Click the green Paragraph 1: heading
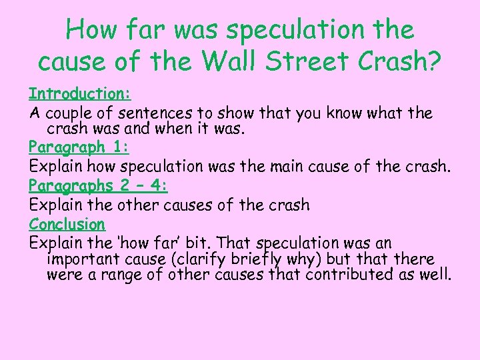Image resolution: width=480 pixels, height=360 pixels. [x=79, y=147]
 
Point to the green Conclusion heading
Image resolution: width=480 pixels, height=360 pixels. [x=67, y=224]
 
